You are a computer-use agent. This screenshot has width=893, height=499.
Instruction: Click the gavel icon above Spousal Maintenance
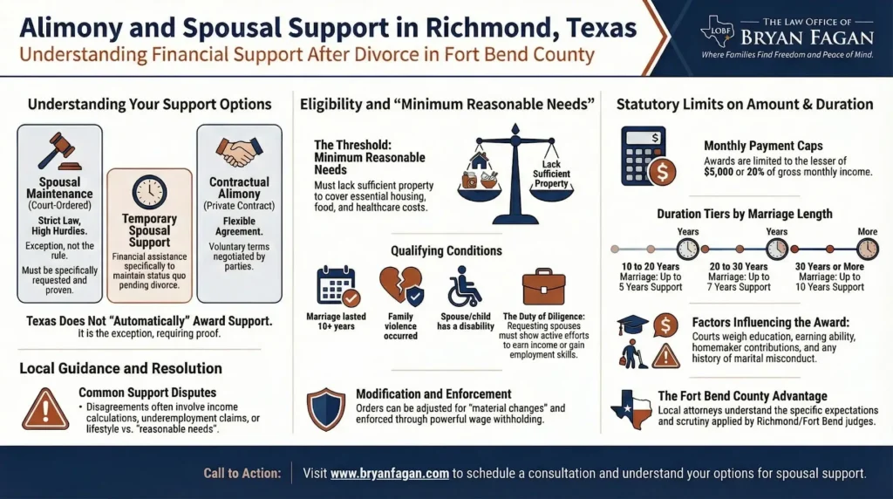60,151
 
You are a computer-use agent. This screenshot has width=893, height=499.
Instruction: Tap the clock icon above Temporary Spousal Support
149,192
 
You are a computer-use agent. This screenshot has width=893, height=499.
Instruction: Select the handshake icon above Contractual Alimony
239,152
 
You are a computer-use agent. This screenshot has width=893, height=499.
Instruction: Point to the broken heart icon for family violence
401,286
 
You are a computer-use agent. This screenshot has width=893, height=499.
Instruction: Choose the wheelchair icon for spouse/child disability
465,286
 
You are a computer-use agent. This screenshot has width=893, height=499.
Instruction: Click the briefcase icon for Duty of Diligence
544,286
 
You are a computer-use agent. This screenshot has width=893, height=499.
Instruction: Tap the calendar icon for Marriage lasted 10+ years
338,286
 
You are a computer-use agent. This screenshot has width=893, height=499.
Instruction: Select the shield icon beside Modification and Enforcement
326,409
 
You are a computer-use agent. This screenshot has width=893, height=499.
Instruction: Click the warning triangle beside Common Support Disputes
45,409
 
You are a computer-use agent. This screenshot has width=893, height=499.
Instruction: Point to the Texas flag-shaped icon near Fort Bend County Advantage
631,410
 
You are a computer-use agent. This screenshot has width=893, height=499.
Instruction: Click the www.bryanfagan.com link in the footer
390,474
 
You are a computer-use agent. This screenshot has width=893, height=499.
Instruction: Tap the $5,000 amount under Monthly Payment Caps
719,172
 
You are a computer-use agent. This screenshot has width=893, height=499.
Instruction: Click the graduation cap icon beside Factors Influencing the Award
633,325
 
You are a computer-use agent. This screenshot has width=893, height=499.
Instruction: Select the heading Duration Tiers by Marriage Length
745,215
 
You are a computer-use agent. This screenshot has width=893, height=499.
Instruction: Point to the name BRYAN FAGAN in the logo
807,38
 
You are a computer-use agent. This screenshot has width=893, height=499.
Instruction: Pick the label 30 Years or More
829,267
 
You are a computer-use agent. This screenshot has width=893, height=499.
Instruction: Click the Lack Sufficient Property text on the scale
551,174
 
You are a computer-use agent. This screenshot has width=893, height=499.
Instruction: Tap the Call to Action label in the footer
242,474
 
